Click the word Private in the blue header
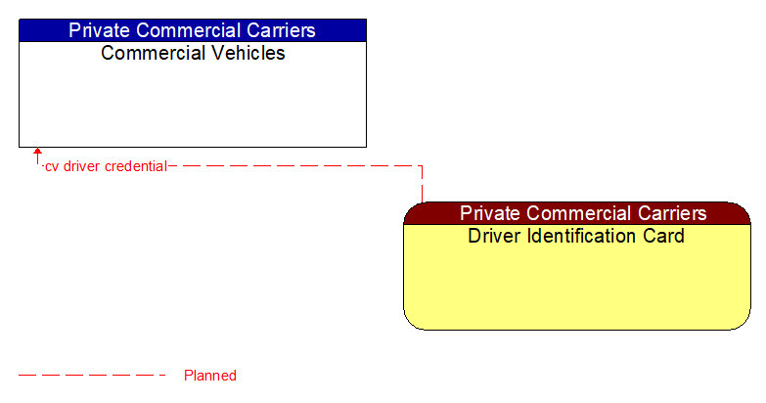click(x=101, y=30)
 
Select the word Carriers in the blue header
click(x=281, y=30)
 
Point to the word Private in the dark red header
click(x=492, y=213)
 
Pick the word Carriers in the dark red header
click(x=672, y=213)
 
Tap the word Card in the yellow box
click(x=665, y=236)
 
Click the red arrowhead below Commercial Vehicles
click(x=37, y=154)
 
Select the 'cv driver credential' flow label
click(x=106, y=166)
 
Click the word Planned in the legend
click(x=210, y=376)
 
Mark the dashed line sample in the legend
click(x=92, y=375)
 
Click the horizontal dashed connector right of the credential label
click(x=293, y=166)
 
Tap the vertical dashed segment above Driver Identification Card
click(x=422, y=184)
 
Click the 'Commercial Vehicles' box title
click(x=193, y=53)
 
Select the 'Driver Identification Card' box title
click(x=576, y=236)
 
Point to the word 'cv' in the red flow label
click(x=52, y=166)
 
